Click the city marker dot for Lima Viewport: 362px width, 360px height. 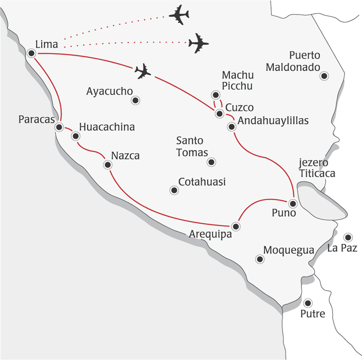pos(31,53)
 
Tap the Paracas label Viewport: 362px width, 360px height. pos(36,119)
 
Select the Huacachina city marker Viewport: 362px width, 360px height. pos(75,136)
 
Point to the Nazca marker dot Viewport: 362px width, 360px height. pos(107,165)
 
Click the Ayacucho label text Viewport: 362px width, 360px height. pos(109,91)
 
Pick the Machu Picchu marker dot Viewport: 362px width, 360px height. pos(216,95)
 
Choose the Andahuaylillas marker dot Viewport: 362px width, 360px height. pos(231,127)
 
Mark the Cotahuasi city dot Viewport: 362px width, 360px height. pos(174,190)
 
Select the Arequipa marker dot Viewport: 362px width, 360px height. pos(236,226)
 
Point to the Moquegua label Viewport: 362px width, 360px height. pos(288,250)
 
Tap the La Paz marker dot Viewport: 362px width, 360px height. pos(348,237)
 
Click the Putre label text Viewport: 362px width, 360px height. pos(313,314)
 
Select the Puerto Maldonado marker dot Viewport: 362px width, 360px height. pos(324,76)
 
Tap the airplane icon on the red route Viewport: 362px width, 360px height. pos(143,72)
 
